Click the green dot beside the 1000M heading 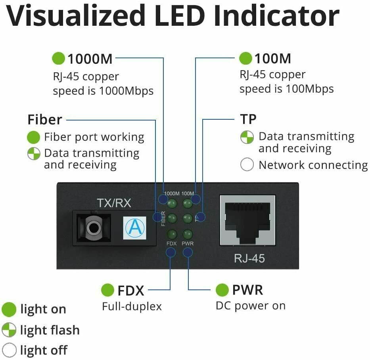tap(58, 59)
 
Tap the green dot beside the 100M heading tap(246, 59)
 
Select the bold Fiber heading tap(45, 119)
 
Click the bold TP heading tap(248, 119)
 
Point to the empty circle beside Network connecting tap(247, 165)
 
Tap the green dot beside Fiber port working tap(34, 138)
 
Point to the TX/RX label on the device tap(114, 203)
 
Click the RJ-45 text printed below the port tap(249, 259)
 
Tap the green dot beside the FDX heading tap(108, 290)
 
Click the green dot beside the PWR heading tap(222, 290)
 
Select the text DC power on tap(250, 306)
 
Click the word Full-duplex tap(132, 306)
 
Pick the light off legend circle tap(9, 350)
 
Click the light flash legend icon tap(9, 330)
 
